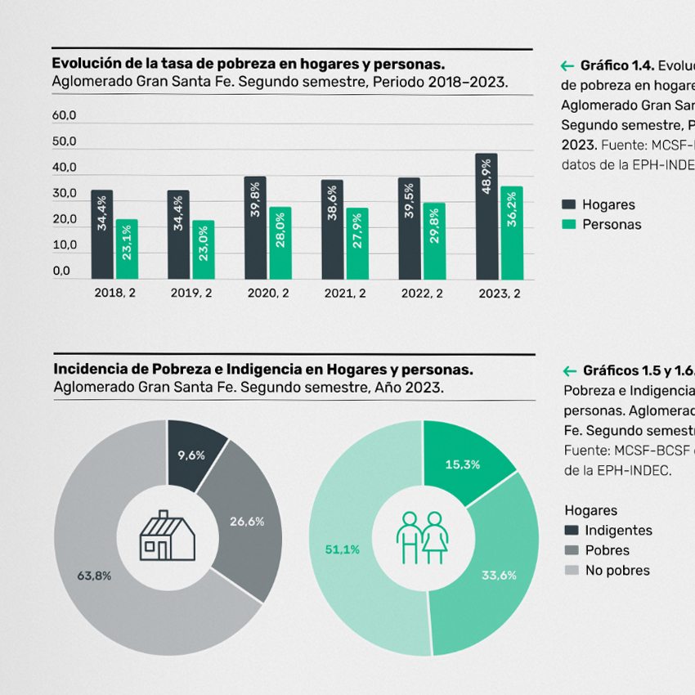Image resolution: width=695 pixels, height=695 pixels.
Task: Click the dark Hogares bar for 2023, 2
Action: coord(486,217)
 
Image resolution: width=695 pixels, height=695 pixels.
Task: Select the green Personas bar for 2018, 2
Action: coord(126,249)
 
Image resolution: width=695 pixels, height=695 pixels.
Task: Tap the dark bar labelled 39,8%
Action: coord(255,228)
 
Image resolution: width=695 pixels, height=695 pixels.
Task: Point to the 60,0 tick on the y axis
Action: coord(64,116)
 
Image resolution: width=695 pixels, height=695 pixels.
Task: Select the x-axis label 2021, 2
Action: coord(345,294)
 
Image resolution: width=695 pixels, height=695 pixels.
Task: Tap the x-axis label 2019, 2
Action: coord(191,294)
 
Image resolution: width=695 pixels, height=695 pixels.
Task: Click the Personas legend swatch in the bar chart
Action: coord(569,225)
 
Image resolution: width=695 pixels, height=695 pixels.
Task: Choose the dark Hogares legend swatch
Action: coord(569,204)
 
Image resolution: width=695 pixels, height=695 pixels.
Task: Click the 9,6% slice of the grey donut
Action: coord(193,455)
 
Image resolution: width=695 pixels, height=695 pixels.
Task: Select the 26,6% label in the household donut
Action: coord(247,521)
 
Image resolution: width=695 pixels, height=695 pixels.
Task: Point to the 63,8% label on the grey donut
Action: coord(94,576)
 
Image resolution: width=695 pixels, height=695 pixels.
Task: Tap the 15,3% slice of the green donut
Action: coord(462,464)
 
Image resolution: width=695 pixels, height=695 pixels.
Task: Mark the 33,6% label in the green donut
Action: coord(499,575)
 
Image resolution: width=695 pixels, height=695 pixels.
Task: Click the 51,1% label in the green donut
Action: coord(342,549)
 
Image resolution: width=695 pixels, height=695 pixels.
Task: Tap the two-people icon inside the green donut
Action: coord(423,537)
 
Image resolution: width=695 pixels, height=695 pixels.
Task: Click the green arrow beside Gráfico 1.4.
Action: coord(567,65)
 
